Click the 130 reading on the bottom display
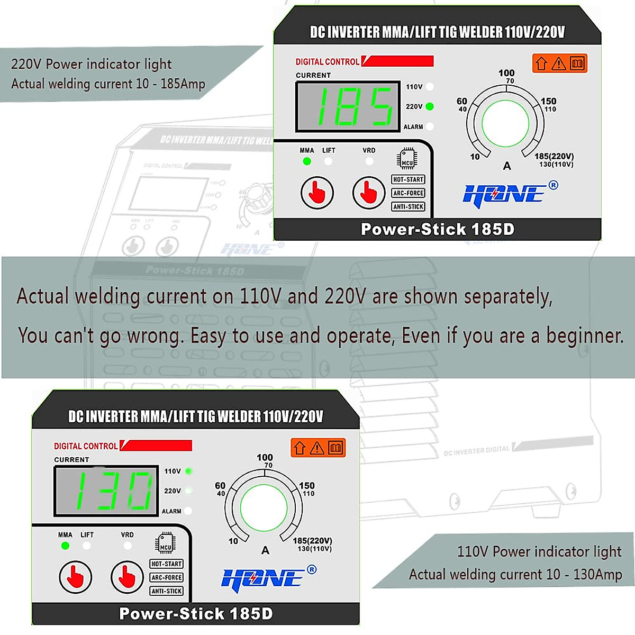[106, 491]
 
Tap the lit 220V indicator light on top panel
[430, 106]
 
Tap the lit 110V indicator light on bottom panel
[188, 471]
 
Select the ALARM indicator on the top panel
[430, 126]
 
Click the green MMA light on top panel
[307, 161]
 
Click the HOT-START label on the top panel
[408, 179]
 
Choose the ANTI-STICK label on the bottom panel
[166, 591]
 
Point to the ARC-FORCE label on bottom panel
[166, 577]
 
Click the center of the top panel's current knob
[505, 123]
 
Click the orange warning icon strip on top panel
[559, 63]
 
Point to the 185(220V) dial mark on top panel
[554, 156]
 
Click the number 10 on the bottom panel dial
[233, 541]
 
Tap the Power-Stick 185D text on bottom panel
[196, 614]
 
